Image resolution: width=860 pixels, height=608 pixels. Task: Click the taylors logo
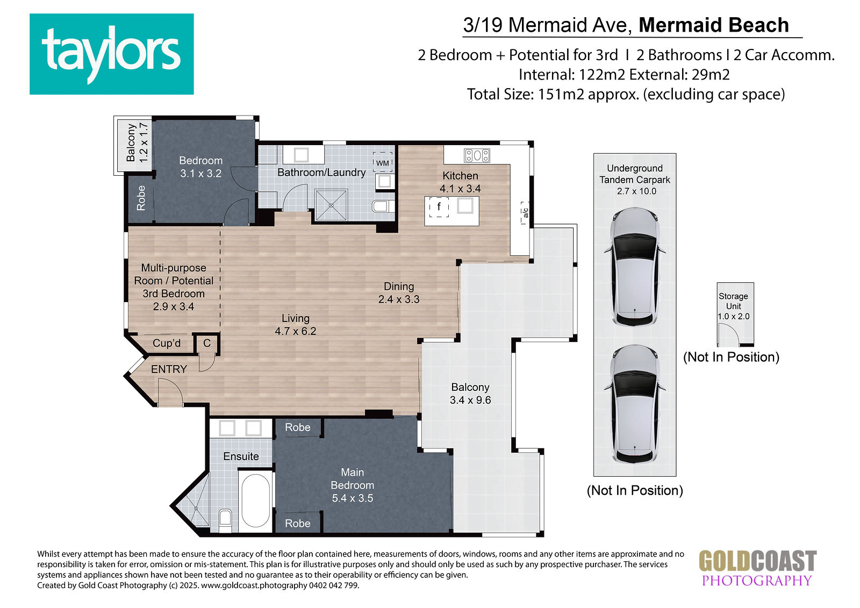111,54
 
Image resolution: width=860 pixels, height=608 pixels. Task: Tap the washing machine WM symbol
382,163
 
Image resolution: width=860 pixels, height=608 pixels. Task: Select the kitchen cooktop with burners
476,155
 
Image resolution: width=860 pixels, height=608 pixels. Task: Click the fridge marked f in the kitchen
439,207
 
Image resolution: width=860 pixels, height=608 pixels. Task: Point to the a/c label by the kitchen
525,212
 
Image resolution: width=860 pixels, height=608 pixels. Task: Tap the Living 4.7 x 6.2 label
295,325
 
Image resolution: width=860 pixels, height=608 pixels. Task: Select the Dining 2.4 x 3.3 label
398,292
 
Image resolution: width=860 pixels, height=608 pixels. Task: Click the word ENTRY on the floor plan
169,369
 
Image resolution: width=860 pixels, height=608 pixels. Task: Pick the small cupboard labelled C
207,344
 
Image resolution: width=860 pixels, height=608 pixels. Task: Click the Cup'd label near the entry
166,343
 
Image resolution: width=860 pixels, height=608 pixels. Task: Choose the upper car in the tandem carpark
635,267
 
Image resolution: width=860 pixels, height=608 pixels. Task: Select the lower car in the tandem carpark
635,405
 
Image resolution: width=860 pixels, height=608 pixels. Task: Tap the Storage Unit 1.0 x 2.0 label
733,306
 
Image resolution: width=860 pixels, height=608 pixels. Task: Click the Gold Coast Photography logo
757,568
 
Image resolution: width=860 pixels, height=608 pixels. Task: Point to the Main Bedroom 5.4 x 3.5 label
353,485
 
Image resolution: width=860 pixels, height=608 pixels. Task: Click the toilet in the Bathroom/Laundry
382,206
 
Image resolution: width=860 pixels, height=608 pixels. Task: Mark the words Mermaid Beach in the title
714,25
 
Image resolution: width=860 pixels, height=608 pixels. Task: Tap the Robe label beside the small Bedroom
141,198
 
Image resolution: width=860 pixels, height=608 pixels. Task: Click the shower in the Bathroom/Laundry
331,205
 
